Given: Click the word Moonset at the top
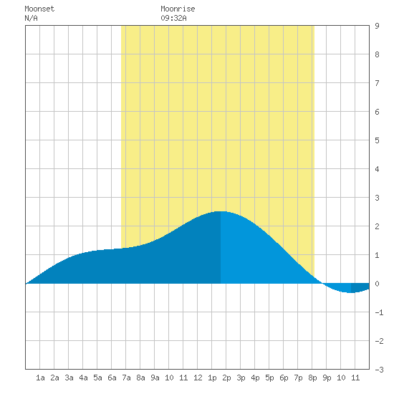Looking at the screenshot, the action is [x=39, y=9].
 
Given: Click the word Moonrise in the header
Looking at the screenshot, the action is [x=178, y=9].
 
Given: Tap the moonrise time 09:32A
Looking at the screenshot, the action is [x=173, y=18].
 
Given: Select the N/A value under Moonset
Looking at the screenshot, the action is [x=31, y=18].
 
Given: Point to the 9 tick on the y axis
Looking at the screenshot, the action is [x=377, y=26].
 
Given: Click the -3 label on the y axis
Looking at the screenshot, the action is [x=379, y=370].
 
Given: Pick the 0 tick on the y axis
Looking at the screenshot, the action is [x=377, y=284].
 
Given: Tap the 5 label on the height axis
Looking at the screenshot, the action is [x=377, y=140].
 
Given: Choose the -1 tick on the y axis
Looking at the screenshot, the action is [x=379, y=312].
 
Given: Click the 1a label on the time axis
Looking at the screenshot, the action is [x=40, y=378].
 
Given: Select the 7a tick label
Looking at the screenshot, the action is [x=126, y=378].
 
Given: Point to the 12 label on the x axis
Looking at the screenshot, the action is [x=198, y=378].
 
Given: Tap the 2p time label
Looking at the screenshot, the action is [x=226, y=378].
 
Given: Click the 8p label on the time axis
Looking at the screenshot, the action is [x=312, y=378].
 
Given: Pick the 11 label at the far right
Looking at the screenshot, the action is [x=355, y=378].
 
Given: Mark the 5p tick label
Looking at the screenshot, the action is [x=269, y=378].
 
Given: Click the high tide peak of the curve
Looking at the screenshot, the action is [x=221, y=211].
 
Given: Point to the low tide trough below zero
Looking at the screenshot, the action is [x=351, y=292].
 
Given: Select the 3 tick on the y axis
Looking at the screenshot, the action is [x=377, y=198].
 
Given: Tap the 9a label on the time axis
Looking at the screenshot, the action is [x=155, y=378].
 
